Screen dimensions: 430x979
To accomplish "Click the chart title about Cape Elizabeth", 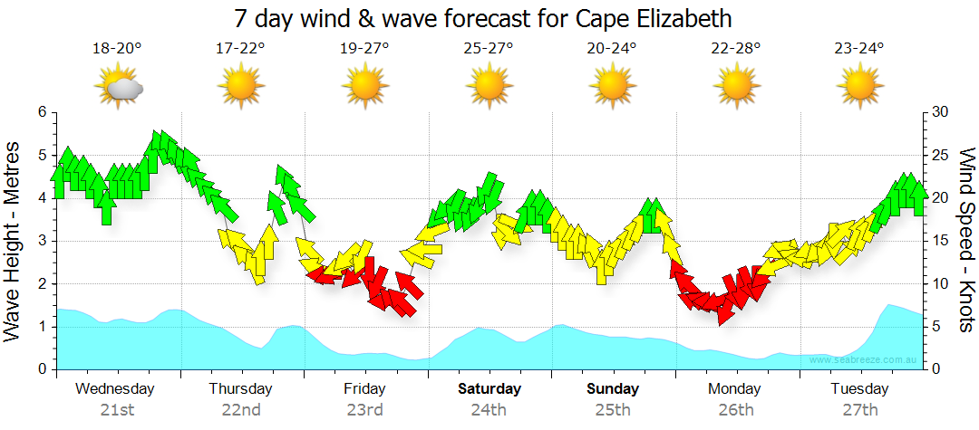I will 482,19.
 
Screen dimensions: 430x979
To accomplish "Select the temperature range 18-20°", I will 117,49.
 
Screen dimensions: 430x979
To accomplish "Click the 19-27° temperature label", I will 365,49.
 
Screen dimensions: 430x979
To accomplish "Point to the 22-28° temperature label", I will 736,49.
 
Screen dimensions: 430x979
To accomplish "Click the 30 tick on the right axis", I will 941,111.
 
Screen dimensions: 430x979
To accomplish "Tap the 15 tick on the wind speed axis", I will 941,241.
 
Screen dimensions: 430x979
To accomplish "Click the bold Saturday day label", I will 489,389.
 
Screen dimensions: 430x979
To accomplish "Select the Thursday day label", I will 241,389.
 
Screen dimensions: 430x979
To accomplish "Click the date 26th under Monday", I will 736,410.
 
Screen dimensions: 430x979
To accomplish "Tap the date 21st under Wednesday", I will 117,410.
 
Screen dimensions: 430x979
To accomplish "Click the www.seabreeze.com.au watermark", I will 865,359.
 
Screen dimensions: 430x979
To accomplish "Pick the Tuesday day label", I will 860,389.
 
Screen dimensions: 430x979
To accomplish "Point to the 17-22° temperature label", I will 241,49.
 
